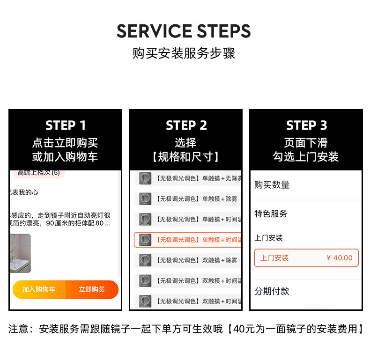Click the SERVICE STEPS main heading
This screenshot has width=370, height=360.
[x=184, y=31]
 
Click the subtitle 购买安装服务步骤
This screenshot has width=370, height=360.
[x=184, y=53]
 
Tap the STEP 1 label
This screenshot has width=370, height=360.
[x=66, y=125]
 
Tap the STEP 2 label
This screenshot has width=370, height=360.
[x=186, y=125]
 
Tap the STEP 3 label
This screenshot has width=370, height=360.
[x=306, y=125]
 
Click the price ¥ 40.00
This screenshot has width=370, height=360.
[x=339, y=258]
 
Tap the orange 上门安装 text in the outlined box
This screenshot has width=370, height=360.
[x=274, y=258]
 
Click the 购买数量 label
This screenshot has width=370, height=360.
[x=272, y=185]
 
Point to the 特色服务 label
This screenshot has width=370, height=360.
[x=271, y=214]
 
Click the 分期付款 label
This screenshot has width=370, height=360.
[x=272, y=291]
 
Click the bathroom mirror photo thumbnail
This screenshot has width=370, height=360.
[x=20, y=253]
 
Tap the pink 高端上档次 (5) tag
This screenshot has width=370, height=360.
[x=38, y=173]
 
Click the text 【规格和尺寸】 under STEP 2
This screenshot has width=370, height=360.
[x=186, y=157]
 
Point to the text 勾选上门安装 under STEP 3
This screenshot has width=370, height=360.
[x=306, y=157]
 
